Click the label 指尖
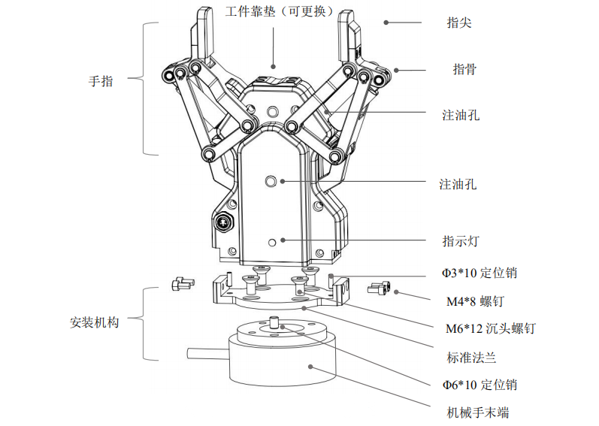[458, 23]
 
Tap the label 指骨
[464, 69]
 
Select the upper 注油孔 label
[460, 115]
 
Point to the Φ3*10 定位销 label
[479, 273]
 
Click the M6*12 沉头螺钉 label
[489, 328]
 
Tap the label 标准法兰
[471, 357]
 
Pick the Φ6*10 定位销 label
[479, 385]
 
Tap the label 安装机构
[95, 322]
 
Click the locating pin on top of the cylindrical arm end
[276, 324]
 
